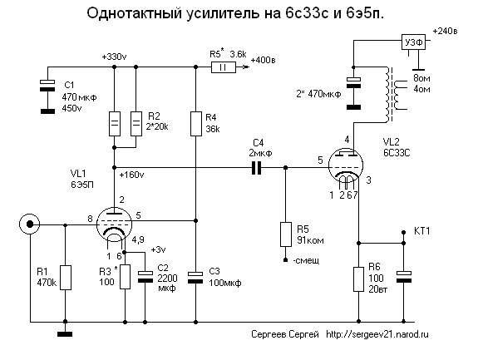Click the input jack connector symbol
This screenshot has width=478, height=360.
(x=30, y=224)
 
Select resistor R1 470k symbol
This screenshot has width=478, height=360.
(x=65, y=278)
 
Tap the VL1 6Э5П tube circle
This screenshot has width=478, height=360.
(x=114, y=224)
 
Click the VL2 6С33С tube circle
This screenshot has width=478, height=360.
(x=346, y=166)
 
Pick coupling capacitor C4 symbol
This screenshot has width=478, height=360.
(x=257, y=168)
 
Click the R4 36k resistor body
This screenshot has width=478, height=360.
(x=196, y=124)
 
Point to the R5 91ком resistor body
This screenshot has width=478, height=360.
(x=286, y=234)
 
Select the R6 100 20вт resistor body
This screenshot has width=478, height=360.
(x=358, y=279)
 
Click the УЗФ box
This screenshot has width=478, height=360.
(x=413, y=42)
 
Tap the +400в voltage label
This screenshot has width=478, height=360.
(x=263, y=60)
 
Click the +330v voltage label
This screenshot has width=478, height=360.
(x=115, y=57)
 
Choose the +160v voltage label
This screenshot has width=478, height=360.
(x=131, y=175)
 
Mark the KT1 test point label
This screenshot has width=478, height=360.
(x=422, y=231)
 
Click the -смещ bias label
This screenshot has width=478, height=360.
(x=306, y=260)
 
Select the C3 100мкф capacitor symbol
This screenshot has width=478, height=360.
(x=195, y=278)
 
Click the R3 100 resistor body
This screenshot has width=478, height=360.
(x=125, y=277)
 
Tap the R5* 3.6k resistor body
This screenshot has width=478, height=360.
(x=224, y=67)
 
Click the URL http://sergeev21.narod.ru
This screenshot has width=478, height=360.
(x=377, y=334)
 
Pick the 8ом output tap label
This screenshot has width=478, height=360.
(x=421, y=78)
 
